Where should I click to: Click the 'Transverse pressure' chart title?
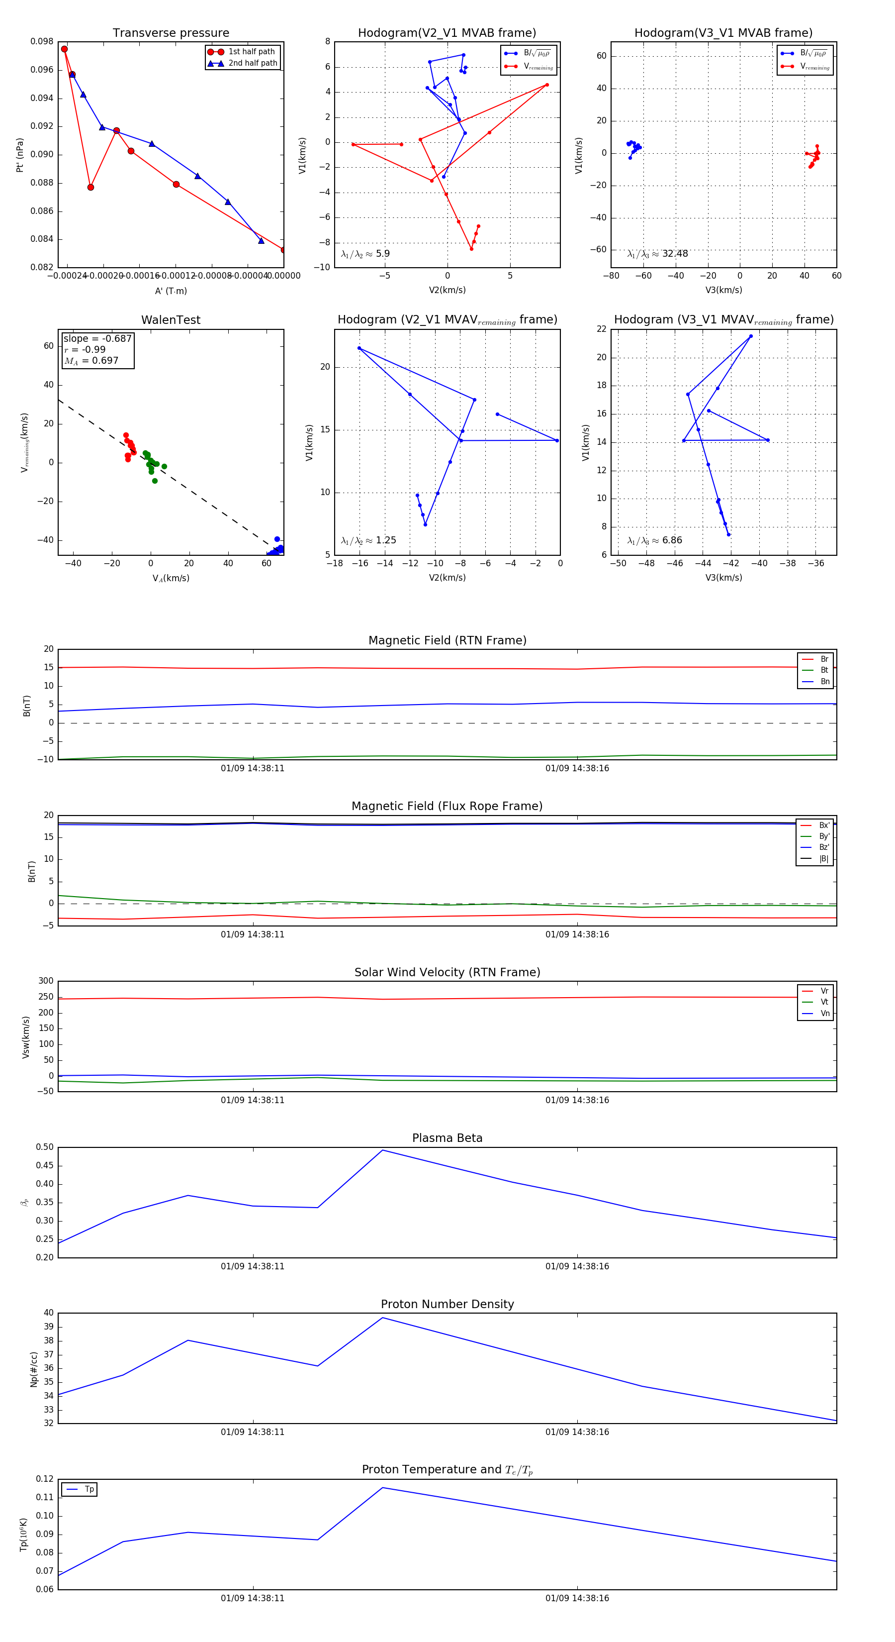[171, 33]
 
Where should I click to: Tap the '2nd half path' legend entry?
[252, 63]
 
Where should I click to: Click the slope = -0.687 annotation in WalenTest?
[97, 338]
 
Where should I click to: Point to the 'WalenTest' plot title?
[171, 320]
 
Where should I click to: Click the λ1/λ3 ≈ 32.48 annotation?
[657, 254]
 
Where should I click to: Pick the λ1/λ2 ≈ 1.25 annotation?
[368, 540]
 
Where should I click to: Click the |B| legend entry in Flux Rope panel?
[823, 859]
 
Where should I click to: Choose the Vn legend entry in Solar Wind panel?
[824, 1014]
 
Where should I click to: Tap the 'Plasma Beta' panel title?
[447, 1138]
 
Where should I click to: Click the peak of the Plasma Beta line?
[382, 1150]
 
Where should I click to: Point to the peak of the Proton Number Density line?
[382, 1318]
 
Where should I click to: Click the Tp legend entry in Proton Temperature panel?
[89, 1490]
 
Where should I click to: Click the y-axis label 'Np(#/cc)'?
[34, 1369]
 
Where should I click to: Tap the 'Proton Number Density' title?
[447, 1304]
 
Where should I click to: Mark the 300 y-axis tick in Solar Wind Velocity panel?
[46, 981]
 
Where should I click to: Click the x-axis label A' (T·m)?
[171, 291]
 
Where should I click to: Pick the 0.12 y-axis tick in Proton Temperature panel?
[45, 1479]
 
